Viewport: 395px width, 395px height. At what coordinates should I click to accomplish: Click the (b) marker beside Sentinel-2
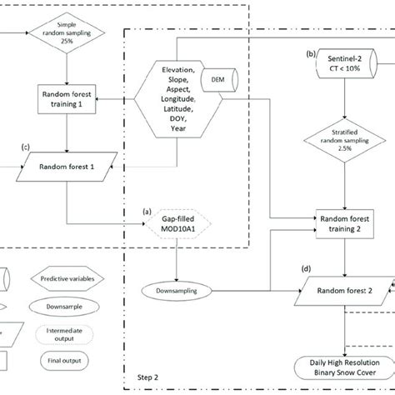point(311,53)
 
